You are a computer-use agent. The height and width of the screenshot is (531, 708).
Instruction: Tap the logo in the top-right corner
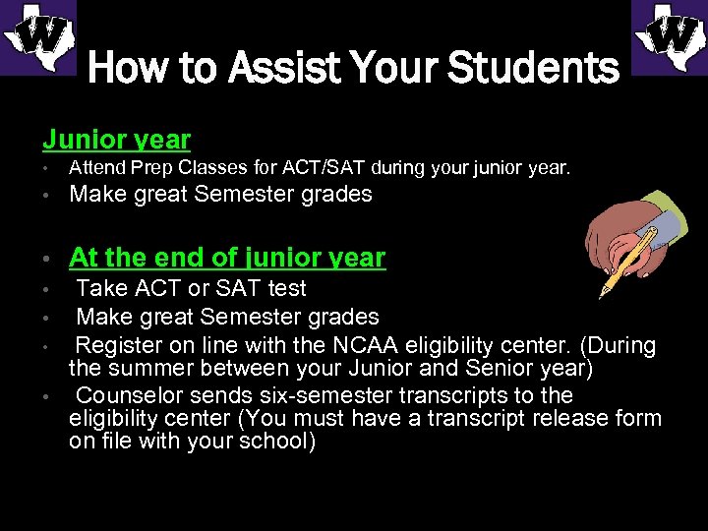point(669,37)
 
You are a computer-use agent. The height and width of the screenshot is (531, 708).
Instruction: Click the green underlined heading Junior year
point(116,140)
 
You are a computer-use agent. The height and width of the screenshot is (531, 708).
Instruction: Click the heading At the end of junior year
point(227,258)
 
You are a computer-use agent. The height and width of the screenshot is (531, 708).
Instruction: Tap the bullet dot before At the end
point(46,260)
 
